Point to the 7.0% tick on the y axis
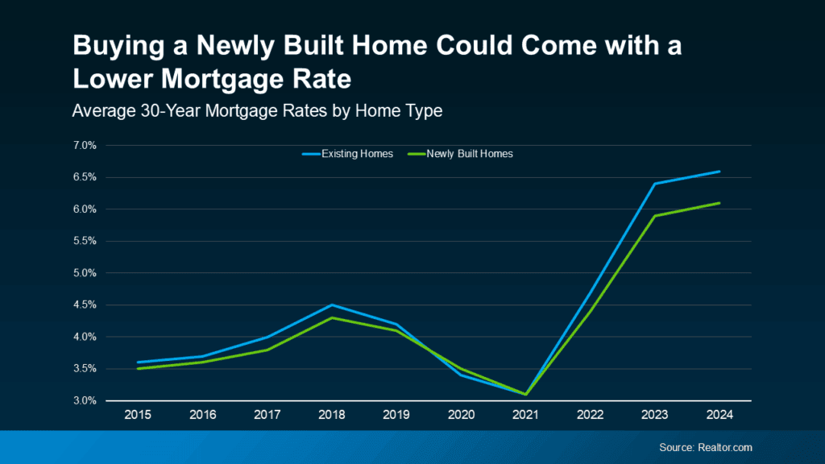coord(85,146)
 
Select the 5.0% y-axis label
coord(85,273)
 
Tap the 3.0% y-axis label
coord(85,400)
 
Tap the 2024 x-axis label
coord(719,416)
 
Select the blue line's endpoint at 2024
coord(719,172)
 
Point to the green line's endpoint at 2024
coord(719,203)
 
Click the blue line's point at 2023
coord(654,184)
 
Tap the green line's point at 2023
coord(654,216)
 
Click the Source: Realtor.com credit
coord(704,447)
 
